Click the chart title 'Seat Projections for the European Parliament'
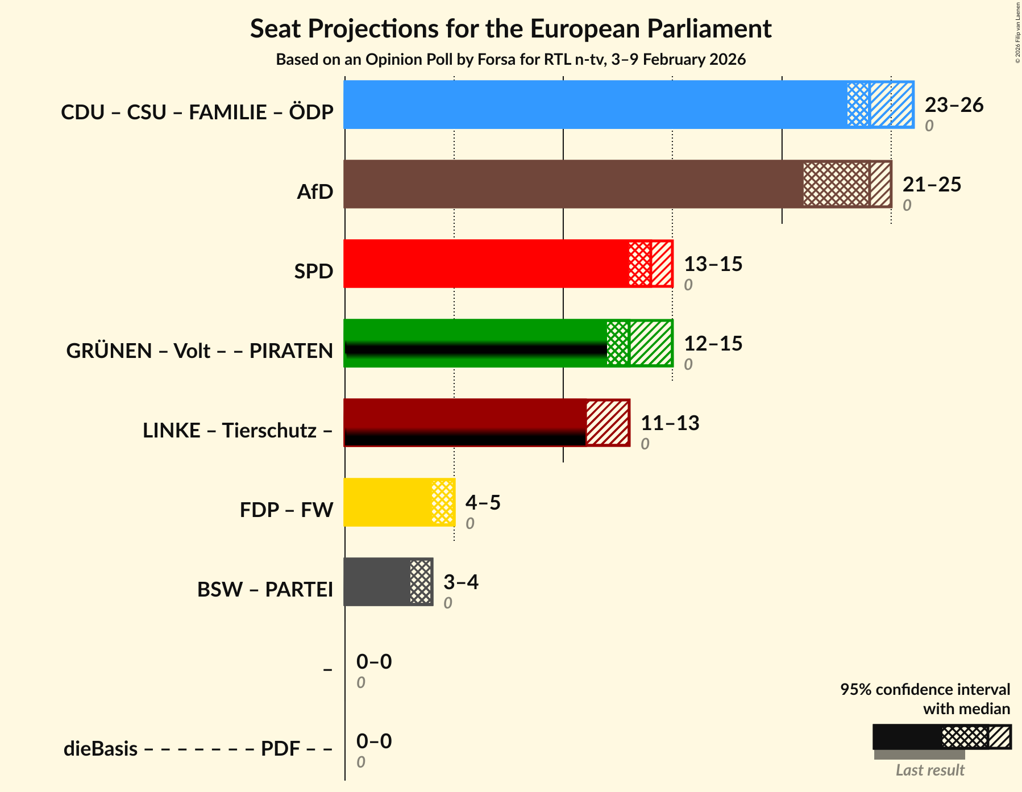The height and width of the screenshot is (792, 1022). (x=510, y=28)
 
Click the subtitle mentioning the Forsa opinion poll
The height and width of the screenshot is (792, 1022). (x=510, y=60)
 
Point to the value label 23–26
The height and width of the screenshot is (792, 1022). (x=954, y=105)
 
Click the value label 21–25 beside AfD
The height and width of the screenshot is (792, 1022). (x=932, y=185)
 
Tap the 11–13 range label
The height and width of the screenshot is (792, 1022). (x=670, y=423)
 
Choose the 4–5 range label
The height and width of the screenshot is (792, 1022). (x=483, y=503)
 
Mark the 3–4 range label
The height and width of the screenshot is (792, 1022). (x=460, y=582)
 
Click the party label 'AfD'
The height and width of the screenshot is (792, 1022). (x=315, y=192)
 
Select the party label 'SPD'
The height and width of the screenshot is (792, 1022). (x=313, y=272)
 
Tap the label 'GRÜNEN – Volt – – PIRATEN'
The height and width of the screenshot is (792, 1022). (x=200, y=351)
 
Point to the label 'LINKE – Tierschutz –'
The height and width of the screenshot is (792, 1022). (x=238, y=431)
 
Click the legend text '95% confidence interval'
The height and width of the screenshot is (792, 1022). (x=925, y=690)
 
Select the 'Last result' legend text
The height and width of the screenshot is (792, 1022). (x=930, y=770)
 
